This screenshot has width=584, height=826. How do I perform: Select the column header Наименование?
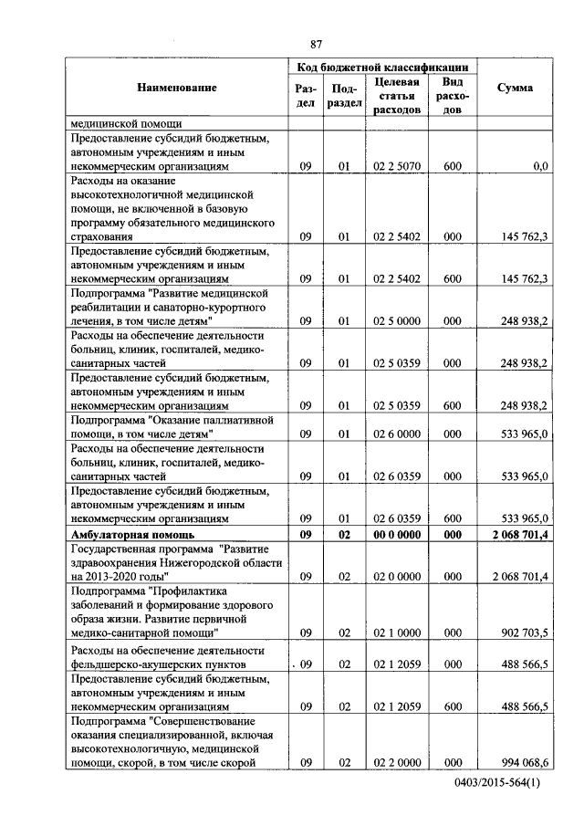178,88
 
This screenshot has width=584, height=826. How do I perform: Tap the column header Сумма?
515,88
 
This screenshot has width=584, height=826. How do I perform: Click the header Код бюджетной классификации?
383,68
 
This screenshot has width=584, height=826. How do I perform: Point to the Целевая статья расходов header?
397,96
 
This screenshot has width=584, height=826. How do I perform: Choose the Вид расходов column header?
452,96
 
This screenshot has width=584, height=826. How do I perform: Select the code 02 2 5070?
397,167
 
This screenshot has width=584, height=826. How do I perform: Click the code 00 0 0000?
397,535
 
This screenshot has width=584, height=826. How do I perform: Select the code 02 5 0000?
397,321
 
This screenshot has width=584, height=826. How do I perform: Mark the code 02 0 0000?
397,577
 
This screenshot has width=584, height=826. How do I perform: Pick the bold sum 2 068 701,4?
518,535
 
